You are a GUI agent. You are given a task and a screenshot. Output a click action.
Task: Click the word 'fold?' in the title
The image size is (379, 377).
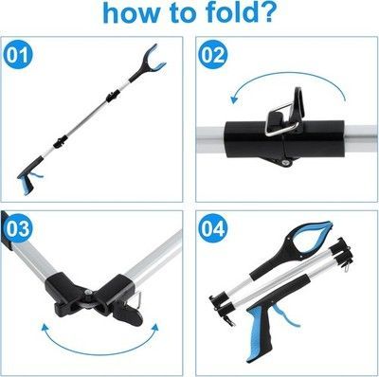point(240,12)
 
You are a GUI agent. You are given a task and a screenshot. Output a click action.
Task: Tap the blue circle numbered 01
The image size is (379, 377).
point(18,55)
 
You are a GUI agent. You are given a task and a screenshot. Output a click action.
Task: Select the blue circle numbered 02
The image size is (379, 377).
point(212,55)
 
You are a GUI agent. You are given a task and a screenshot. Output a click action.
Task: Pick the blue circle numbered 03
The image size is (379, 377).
point(18,229)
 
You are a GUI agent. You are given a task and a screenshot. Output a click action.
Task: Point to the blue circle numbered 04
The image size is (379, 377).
point(213,229)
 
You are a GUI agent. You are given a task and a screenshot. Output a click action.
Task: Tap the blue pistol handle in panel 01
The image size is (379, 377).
point(26,183)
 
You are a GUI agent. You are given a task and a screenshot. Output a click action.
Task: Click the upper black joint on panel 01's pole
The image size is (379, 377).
point(113,96)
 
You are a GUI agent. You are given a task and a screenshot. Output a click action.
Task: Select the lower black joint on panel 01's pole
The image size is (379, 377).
point(60,141)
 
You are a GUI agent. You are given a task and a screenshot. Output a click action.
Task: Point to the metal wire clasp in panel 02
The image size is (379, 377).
point(282,120)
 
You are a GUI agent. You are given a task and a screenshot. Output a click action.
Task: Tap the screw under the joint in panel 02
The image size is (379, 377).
point(286,162)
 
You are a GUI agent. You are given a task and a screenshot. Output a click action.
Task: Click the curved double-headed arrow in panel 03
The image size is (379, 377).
point(99,342)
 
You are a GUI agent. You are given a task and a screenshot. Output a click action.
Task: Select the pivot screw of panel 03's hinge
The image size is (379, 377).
point(88,293)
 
